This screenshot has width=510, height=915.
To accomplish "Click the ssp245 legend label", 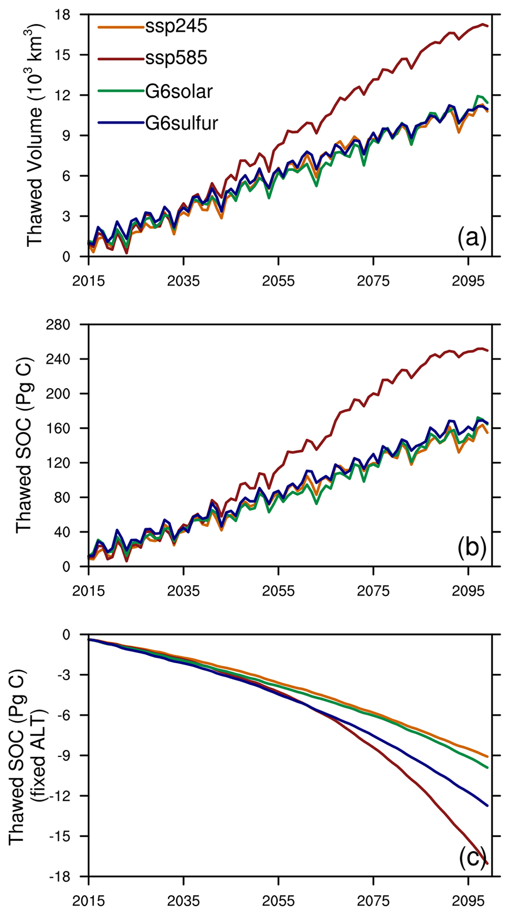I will click(176, 26).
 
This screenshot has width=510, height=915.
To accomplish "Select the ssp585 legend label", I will click(176, 58).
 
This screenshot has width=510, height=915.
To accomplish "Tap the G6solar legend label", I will click(179, 91).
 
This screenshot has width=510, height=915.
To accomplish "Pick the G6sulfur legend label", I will click(182, 123).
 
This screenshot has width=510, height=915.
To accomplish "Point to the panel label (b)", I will click(472, 548).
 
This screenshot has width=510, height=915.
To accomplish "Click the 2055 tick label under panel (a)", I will click(278, 281).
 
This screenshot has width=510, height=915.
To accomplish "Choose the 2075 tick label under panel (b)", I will click(373, 591).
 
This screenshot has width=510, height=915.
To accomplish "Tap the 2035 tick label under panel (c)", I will click(183, 901).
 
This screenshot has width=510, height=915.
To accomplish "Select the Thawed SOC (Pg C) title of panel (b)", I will click(24, 444).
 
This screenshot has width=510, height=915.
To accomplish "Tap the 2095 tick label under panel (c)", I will click(468, 901).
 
